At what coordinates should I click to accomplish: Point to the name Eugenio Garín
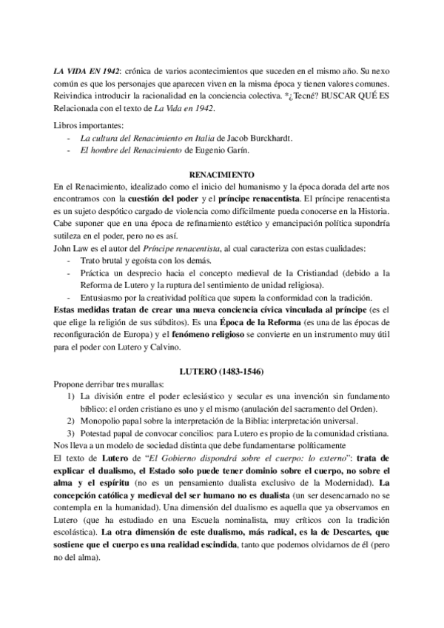pos(220,150)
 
